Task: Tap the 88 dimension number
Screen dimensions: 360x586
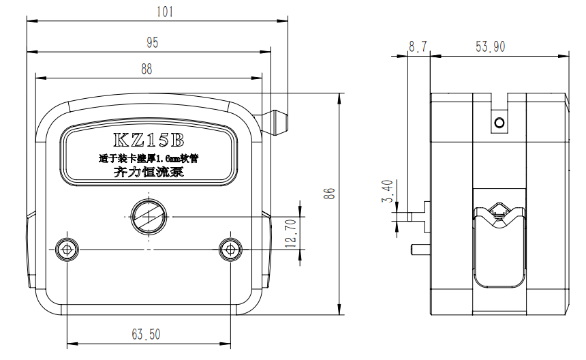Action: pyautogui.click(x=146, y=68)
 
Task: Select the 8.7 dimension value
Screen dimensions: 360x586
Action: pyautogui.click(x=418, y=46)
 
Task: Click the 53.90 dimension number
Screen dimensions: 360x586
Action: pyautogui.click(x=491, y=46)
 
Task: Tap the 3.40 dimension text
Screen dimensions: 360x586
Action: pyautogui.click(x=388, y=191)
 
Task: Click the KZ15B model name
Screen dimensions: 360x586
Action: pyautogui.click(x=149, y=140)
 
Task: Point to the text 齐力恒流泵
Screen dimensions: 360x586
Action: pyautogui.click(x=149, y=172)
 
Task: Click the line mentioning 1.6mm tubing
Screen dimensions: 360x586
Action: pyautogui.click(x=149, y=158)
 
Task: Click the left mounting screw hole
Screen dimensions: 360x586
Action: pyautogui.click(x=67, y=250)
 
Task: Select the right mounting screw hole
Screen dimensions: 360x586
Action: pyautogui.click(x=230, y=250)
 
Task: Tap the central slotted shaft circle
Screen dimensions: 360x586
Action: pyautogui.click(x=148, y=216)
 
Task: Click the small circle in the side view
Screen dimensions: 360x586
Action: pyautogui.click(x=499, y=122)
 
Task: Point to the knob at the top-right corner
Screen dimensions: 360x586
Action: pyautogui.click(x=276, y=121)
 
